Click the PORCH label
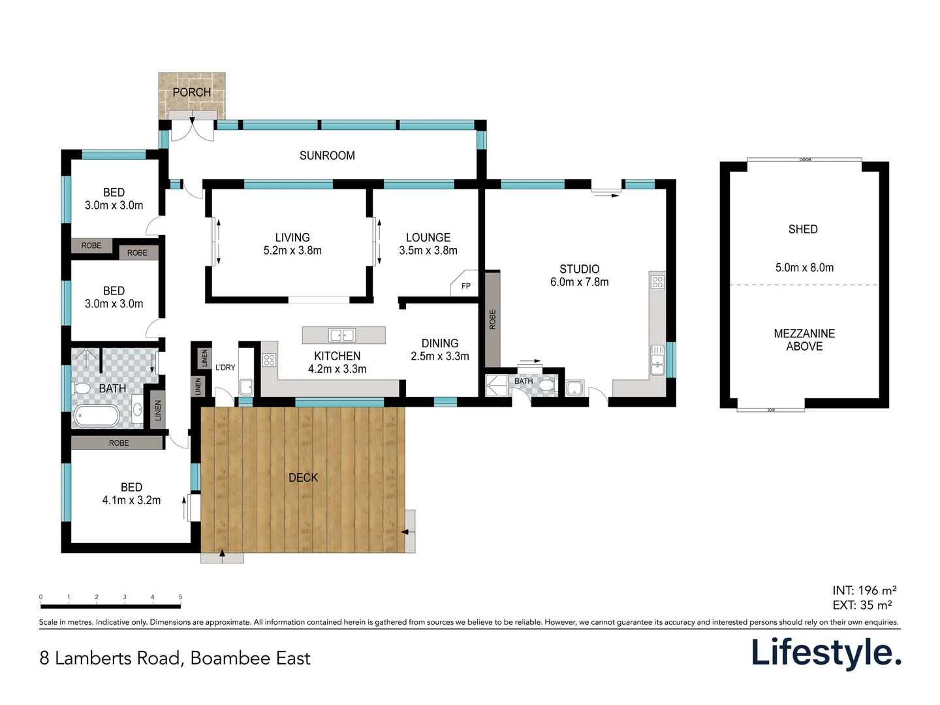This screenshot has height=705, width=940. point(191,93)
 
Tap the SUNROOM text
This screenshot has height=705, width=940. point(327,155)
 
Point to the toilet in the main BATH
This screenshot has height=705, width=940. point(82,388)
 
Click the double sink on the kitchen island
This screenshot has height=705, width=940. point(342,336)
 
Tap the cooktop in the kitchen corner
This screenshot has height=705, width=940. point(269,360)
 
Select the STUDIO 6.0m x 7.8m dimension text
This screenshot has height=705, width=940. point(579,282)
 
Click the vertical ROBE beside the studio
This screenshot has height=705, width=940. point(492,319)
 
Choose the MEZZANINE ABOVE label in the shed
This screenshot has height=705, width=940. point(804,340)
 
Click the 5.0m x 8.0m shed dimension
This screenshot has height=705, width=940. point(804,268)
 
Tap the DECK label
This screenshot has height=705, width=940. point(303,478)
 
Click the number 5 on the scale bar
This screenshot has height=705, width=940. point(180,597)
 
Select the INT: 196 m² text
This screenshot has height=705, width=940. point(864,590)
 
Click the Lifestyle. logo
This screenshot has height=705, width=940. point(826,653)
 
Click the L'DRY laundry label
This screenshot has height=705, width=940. point(225,368)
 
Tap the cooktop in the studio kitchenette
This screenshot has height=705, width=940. point(657,282)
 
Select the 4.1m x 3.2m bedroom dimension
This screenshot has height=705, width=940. point(131,500)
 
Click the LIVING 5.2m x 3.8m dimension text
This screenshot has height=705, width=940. point(292,250)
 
